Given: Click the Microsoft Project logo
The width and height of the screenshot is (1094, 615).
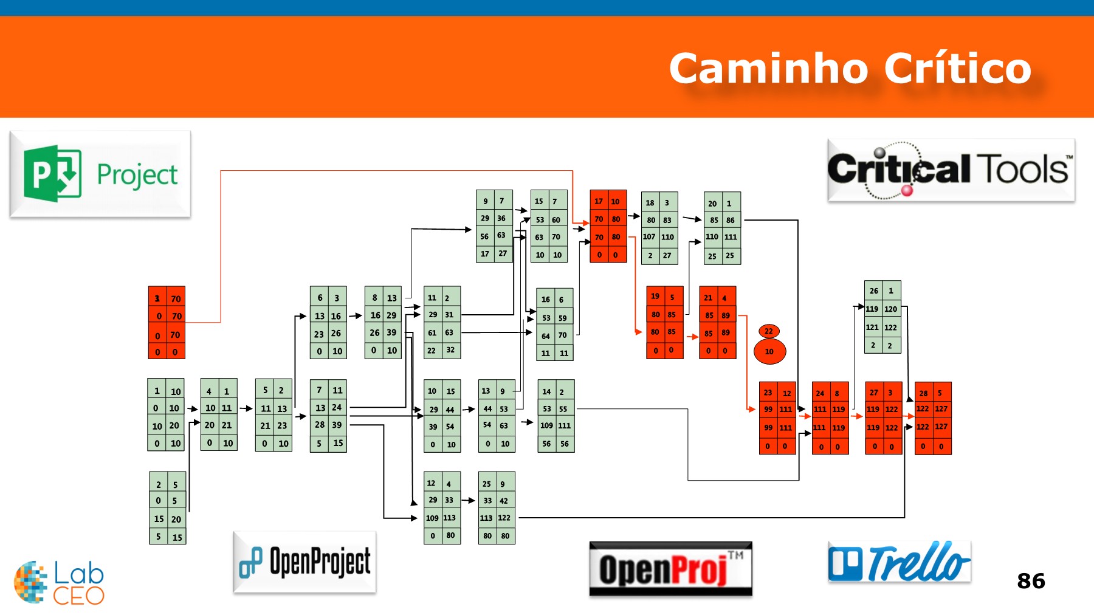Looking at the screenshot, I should [100, 174].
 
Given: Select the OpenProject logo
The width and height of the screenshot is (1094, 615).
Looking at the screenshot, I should [304, 562].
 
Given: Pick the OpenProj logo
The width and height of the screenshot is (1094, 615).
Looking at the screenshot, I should [670, 569].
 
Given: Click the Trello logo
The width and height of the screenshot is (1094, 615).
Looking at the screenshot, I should [899, 562].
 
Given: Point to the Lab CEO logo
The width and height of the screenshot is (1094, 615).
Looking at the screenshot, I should [59, 582].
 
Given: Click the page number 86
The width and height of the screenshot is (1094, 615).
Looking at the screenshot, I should [1031, 581].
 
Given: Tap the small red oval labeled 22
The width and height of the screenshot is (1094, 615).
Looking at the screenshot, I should [769, 331].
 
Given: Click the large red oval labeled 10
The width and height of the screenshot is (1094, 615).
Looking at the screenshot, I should [769, 351].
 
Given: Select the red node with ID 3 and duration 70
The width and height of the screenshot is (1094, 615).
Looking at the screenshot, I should [167, 323].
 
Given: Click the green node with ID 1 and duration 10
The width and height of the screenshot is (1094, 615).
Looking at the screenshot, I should [165, 414].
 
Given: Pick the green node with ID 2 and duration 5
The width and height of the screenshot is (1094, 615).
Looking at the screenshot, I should [167, 507].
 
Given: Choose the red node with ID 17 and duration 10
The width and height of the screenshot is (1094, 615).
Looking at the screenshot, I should [608, 226].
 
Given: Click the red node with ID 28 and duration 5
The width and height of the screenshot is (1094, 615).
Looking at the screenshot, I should [932, 418].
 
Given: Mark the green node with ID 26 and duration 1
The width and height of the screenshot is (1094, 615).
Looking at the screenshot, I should [882, 317].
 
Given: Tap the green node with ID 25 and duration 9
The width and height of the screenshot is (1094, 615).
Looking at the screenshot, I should [497, 507].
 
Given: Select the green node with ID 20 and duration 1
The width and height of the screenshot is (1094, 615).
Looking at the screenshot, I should [722, 228].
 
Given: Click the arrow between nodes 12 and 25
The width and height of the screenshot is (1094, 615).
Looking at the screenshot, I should [469, 500].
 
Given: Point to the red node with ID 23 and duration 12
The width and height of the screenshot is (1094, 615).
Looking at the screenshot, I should [777, 418].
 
